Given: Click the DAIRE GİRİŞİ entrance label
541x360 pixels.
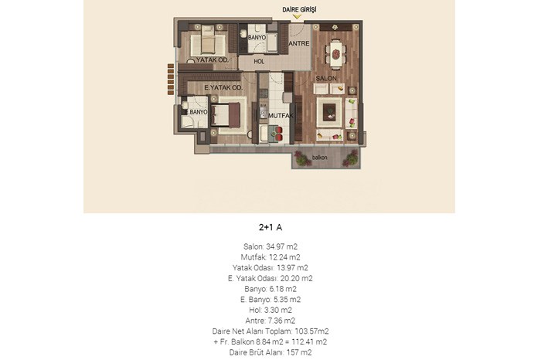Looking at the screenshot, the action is click(x=299, y=9).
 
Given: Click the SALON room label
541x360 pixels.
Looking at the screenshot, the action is click(x=326, y=78).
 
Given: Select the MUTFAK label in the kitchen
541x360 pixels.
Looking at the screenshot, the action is click(x=281, y=116).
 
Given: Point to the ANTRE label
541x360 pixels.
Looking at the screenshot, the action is click(x=299, y=43).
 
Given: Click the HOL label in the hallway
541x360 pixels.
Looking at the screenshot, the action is click(x=259, y=61).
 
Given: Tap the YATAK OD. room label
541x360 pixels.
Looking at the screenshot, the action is click(x=213, y=59).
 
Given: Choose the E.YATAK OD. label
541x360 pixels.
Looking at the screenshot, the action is click(x=223, y=87).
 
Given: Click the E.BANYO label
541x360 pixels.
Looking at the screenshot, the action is click(x=196, y=112).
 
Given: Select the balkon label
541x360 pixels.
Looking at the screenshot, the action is click(x=319, y=158).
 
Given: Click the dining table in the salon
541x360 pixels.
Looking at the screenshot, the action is click(x=335, y=54).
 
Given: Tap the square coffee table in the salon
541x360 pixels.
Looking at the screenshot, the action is click(x=329, y=113).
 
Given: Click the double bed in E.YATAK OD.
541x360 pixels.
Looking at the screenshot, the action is click(x=226, y=114).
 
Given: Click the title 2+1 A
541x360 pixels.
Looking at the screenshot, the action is click(x=270, y=227).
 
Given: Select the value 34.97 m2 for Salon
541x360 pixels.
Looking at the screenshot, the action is click(x=281, y=246).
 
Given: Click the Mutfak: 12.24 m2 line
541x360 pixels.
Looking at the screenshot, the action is click(x=270, y=257).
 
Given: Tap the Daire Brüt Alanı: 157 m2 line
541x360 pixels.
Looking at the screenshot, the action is click(x=270, y=352).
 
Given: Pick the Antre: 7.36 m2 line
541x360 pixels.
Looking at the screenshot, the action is click(x=270, y=321).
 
